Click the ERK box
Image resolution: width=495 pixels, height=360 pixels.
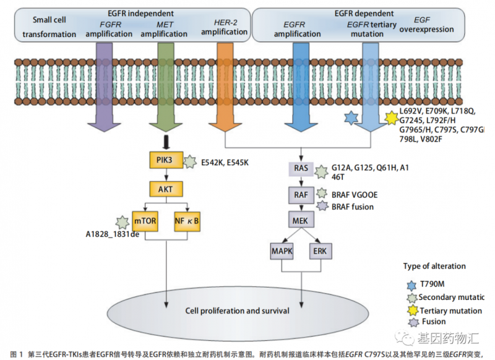point(320,251)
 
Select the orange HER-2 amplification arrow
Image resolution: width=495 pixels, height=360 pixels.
point(225,93)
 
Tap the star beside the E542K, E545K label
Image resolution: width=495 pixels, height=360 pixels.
point(190,162)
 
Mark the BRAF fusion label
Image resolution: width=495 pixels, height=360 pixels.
point(353,207)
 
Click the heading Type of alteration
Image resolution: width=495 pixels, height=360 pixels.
point(433,266)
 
